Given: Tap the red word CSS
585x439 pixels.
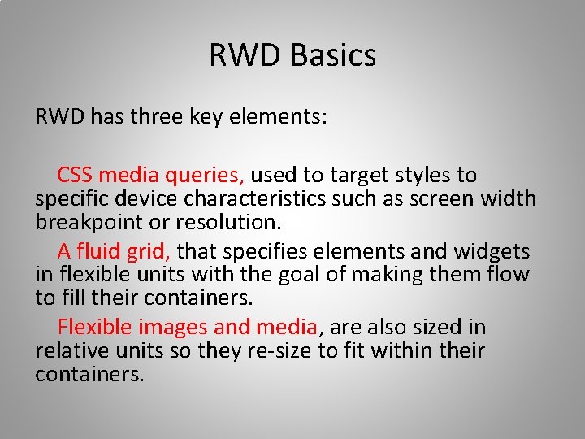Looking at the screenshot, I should pyautogui.click(x=75, y=175).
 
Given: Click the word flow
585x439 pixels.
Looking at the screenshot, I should pyautogui.click(x=509, y=275).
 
